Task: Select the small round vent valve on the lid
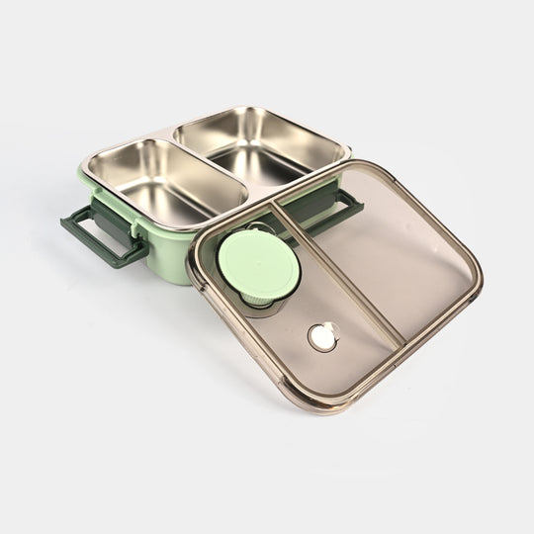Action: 321,337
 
